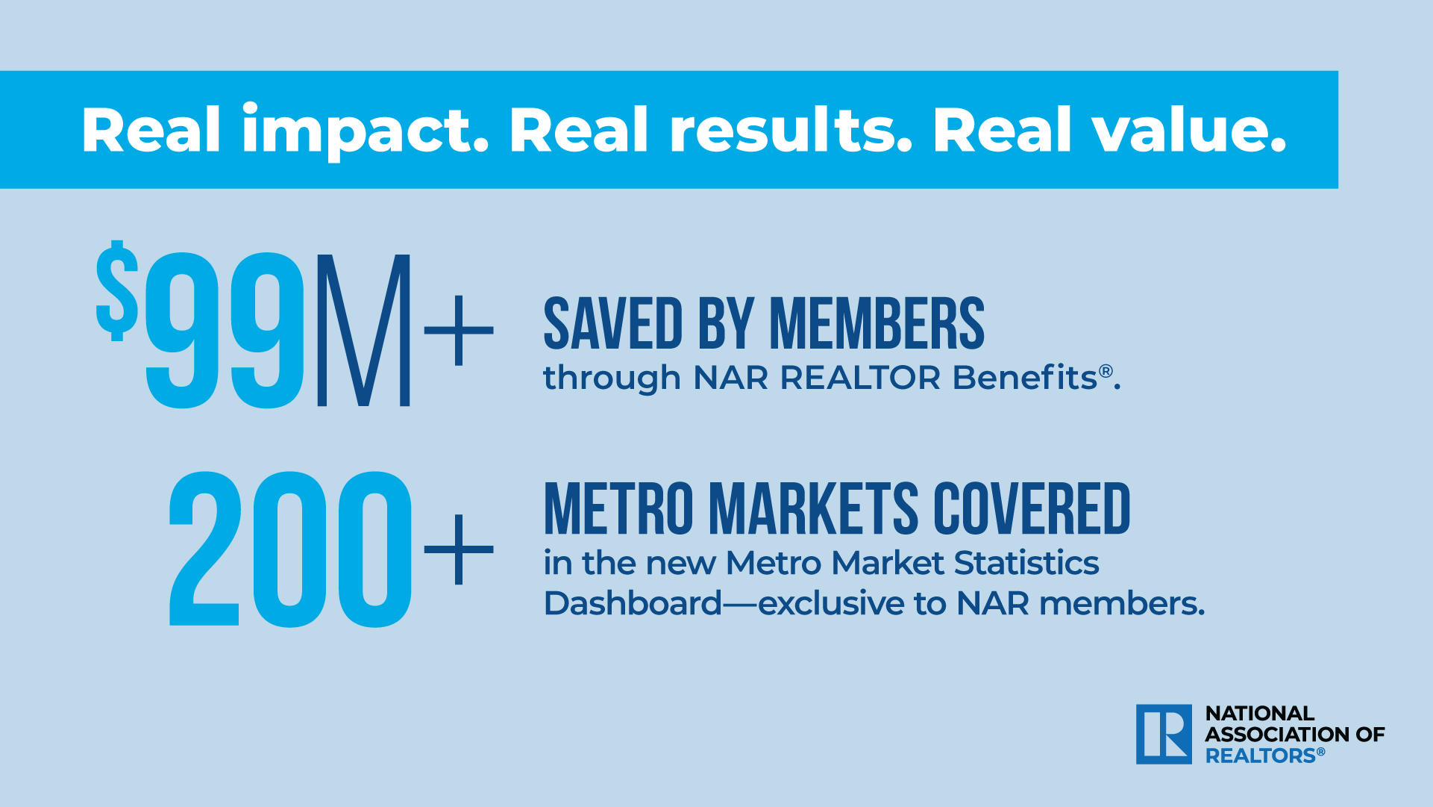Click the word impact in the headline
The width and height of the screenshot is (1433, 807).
click(x=365, y=131)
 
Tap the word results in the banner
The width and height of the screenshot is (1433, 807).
click(x=791, y=130)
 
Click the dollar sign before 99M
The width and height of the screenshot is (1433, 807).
click(x=117, y=291)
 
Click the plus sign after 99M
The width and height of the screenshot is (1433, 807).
click(x=459, y=330)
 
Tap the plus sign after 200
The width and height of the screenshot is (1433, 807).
click(x=459, y=549)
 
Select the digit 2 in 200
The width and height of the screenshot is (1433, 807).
click(x=205, y=549)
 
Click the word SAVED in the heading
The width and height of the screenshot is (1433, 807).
click(x=613, y=323)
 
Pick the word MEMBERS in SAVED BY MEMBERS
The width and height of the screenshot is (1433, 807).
click(x=877, y=323)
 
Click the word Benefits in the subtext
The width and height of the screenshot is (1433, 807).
click(x=1025, y=378)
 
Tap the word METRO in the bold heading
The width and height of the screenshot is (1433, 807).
click(x=619, y=508)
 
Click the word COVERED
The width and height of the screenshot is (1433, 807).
click(x=1032, y=508)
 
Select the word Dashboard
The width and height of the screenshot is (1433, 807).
click(x=633, y=603)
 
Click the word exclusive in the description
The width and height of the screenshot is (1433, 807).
click(x=832, y=603)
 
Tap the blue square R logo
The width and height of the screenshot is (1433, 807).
click(x=1164, y=735)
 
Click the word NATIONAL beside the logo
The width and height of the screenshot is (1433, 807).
click(x=1260, y=714)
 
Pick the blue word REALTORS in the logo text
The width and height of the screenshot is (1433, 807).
click(x=1261, y=756)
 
